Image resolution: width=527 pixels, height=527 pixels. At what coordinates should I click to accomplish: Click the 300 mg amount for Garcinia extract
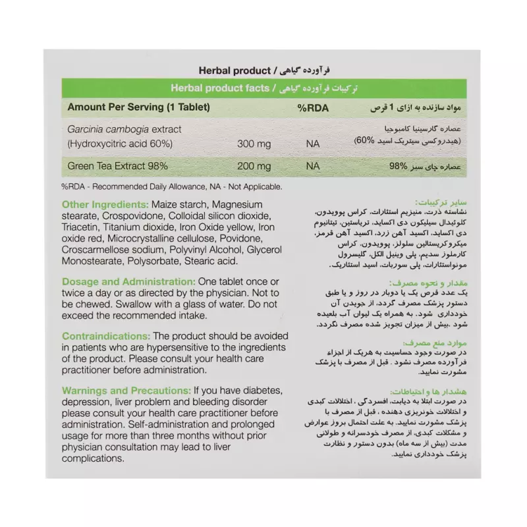pyautogui.click(x=253, y=142)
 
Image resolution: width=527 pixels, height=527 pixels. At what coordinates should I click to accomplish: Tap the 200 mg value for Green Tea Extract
pyautogui.click(x=253, y=166)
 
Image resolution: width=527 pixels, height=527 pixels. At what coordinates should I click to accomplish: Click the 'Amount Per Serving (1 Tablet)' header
pyautogui.click(x=135, y=107)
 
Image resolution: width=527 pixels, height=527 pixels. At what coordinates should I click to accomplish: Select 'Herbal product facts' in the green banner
pyautogui.click(x=218, y=87)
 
